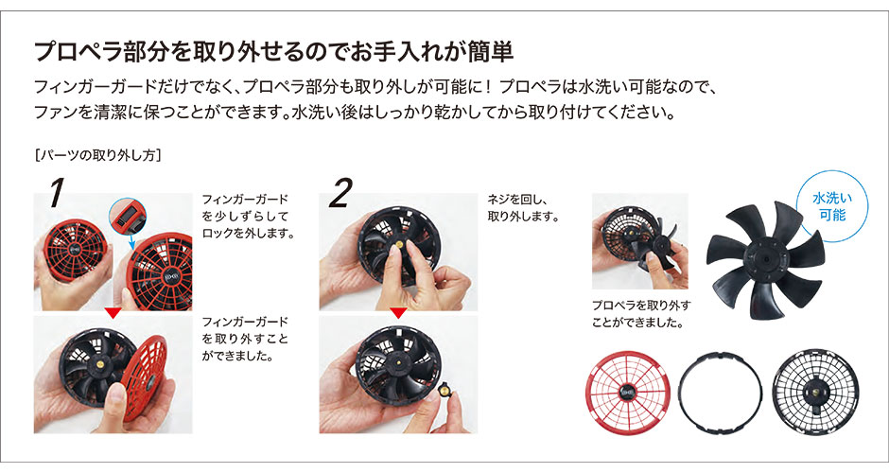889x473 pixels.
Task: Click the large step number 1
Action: [56, 193]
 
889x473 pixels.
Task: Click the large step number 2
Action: [340, 193]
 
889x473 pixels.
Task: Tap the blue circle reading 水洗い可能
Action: [831, 207]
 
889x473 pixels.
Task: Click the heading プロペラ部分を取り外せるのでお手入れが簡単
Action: [274, 51]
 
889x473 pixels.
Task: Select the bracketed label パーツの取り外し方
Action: [97, 155]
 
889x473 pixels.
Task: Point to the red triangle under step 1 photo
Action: [113, 313]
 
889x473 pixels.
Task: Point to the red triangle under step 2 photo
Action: [398, 313]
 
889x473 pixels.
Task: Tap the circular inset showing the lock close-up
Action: [128, 218]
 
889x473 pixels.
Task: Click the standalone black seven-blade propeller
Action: [764, 260]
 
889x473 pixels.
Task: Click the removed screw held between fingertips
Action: [444, 390]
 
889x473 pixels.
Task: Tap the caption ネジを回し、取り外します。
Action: [524, 207]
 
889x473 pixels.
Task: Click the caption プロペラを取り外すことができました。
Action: [641, 314]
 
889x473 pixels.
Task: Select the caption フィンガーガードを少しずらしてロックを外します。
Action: [248, 216]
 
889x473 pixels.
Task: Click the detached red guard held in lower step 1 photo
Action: [145, 377]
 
